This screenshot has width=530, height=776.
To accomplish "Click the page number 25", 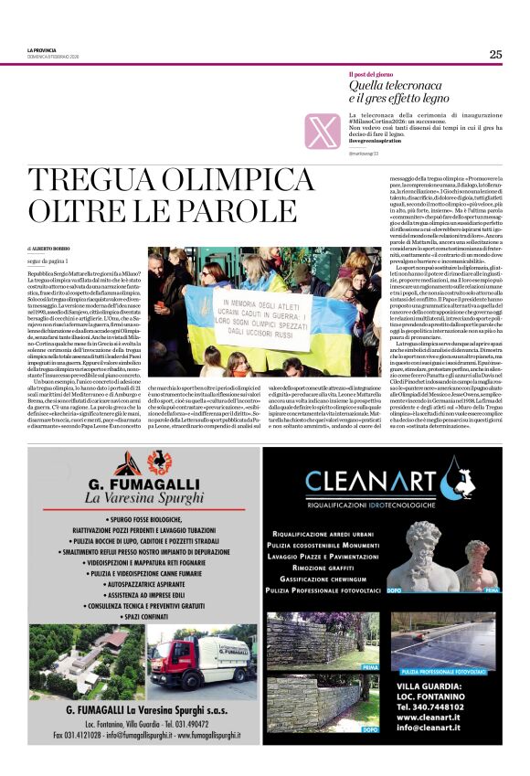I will tap(495, 54).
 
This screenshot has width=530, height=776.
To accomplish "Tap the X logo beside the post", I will tap(323, 130).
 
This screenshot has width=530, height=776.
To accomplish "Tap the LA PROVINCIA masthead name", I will tap(42, 49).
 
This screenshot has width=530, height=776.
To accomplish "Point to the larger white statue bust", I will tap(425, 556).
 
